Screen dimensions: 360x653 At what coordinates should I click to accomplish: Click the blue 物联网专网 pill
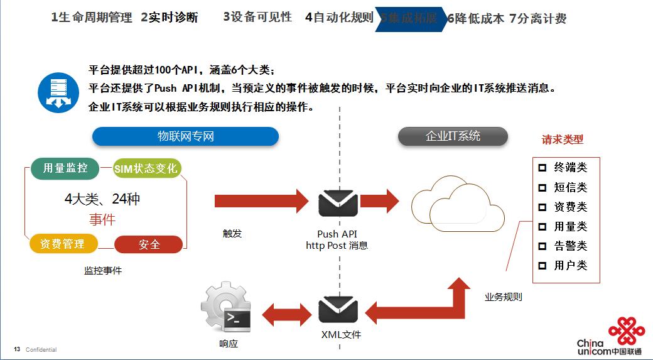pyautogui.click(x=185, y=136)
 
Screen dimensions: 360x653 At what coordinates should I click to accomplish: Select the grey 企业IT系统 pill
pyautogui.click(x=453, y=136)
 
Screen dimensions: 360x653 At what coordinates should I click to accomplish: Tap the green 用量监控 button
pyautogui.click(x=65, y=168)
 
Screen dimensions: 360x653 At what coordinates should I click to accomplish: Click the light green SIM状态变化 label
pyautogui.click(x=146, y=168)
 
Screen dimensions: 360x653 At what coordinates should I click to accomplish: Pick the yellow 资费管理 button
pyautogui.click(x=63, y=244)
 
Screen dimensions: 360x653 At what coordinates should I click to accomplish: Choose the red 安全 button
pyautogui.click(x=149, y=244)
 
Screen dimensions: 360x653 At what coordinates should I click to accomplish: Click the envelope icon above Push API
pyautogui.click(x=338, y=202)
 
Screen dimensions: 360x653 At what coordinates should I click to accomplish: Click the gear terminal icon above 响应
pyautogui.click(x=226, y=308)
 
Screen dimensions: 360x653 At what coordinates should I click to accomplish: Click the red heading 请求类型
pyautogui.click(x=563, y=139)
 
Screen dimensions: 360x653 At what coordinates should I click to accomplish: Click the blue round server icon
pyautogui.click(x=57, y=92)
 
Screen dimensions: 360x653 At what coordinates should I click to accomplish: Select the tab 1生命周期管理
pyautogui.click(x=92, y=18)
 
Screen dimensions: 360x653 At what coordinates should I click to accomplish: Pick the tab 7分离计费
pyautogui.click(x=537, y=18)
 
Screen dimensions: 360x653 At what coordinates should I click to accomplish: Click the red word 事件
pyautogui.click(x=102, y=219)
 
